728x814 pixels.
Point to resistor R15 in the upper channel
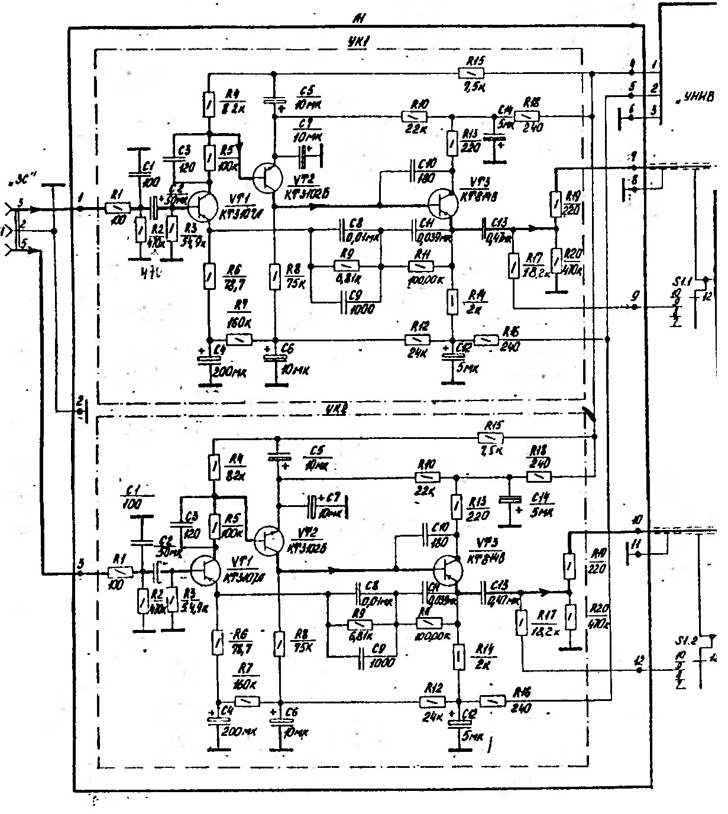click(471, 73)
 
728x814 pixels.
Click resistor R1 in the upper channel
click(117, 208)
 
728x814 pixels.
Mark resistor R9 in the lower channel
click(359, 624)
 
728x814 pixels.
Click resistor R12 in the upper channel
click(418, 340)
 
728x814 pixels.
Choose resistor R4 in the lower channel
click(214, 467)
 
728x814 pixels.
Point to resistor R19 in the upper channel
click(555, 202)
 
